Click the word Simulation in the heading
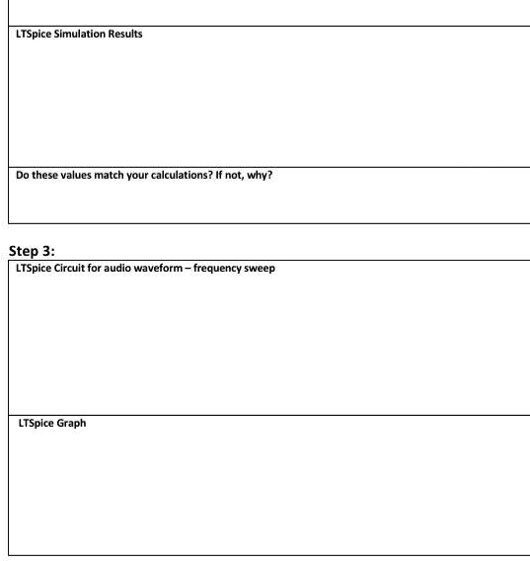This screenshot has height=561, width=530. (84, 36)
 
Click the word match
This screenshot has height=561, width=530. (115, 177)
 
